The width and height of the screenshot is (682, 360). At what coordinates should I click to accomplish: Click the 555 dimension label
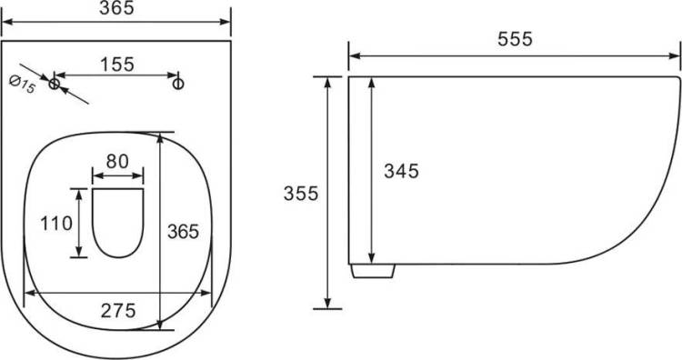[515, 39]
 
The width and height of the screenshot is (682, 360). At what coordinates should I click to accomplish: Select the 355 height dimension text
[301, 193]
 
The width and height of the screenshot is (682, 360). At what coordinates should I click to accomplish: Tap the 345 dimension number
[401, 171]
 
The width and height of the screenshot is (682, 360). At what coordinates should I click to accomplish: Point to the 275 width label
[118, 310]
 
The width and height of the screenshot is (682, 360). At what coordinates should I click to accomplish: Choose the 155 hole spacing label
[117, 65]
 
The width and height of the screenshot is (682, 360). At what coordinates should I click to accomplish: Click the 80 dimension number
[117, 161]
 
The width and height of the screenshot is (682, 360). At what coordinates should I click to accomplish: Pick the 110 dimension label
[56, 224]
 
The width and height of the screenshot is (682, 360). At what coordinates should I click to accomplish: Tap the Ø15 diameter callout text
[22, 84]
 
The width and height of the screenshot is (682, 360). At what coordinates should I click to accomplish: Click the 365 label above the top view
[116, 8]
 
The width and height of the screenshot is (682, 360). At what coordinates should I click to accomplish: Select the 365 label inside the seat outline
[183, 231]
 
